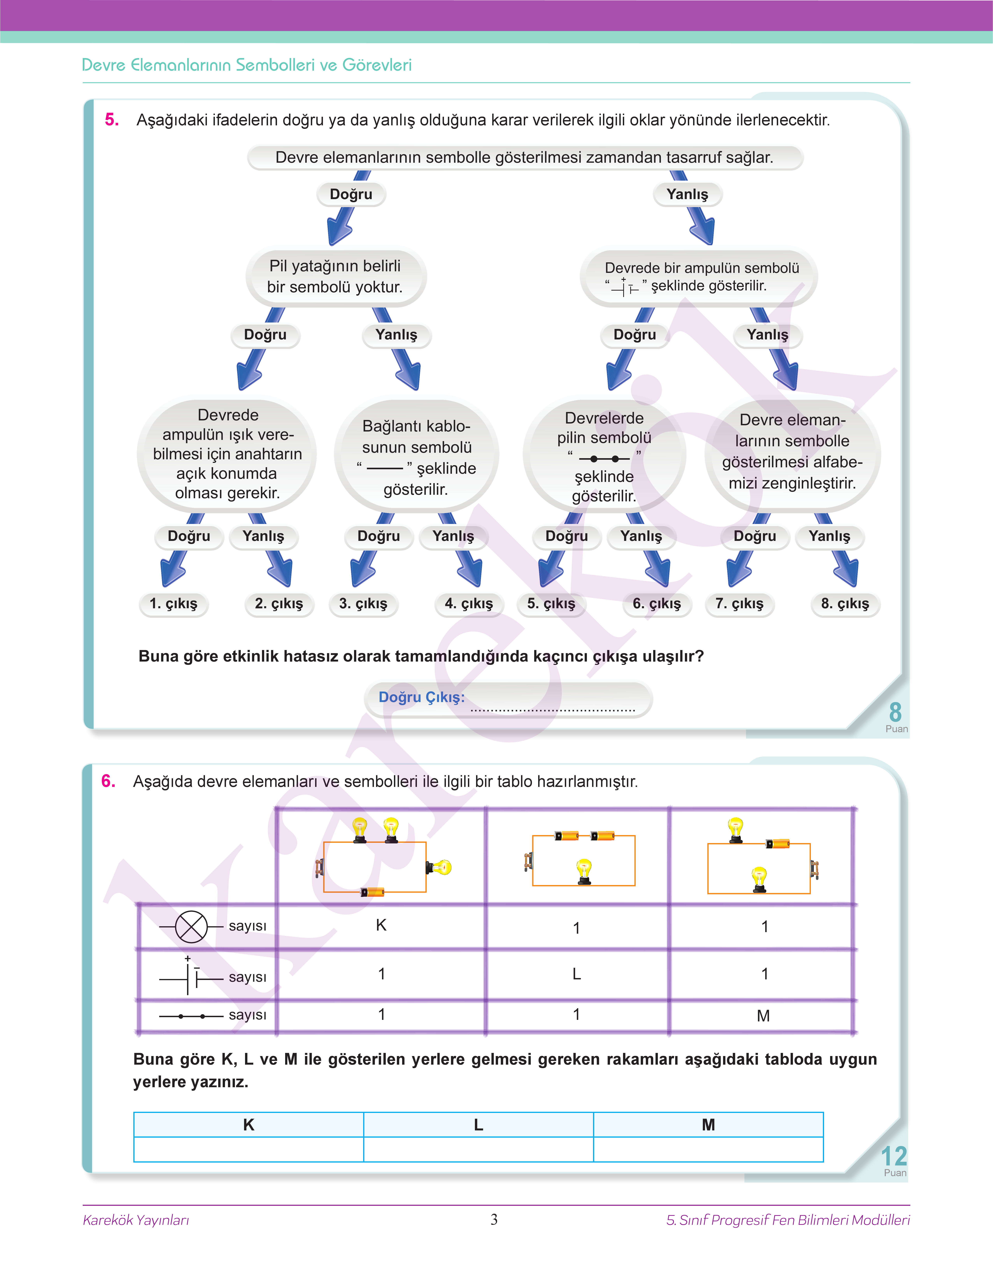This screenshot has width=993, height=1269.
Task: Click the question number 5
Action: tap(112, 120)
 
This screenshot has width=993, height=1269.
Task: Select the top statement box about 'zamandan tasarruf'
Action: tap(524, 157)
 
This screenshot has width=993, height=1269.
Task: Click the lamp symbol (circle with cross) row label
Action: tap(191, 926)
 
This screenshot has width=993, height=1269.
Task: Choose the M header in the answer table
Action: tap(708, 1125)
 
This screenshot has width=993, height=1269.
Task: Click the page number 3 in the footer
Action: tap(494, 1219)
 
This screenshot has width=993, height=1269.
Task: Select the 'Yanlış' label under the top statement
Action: tap(687, 194)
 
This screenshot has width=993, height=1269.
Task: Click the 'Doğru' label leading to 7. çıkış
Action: tap(755, 536)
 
